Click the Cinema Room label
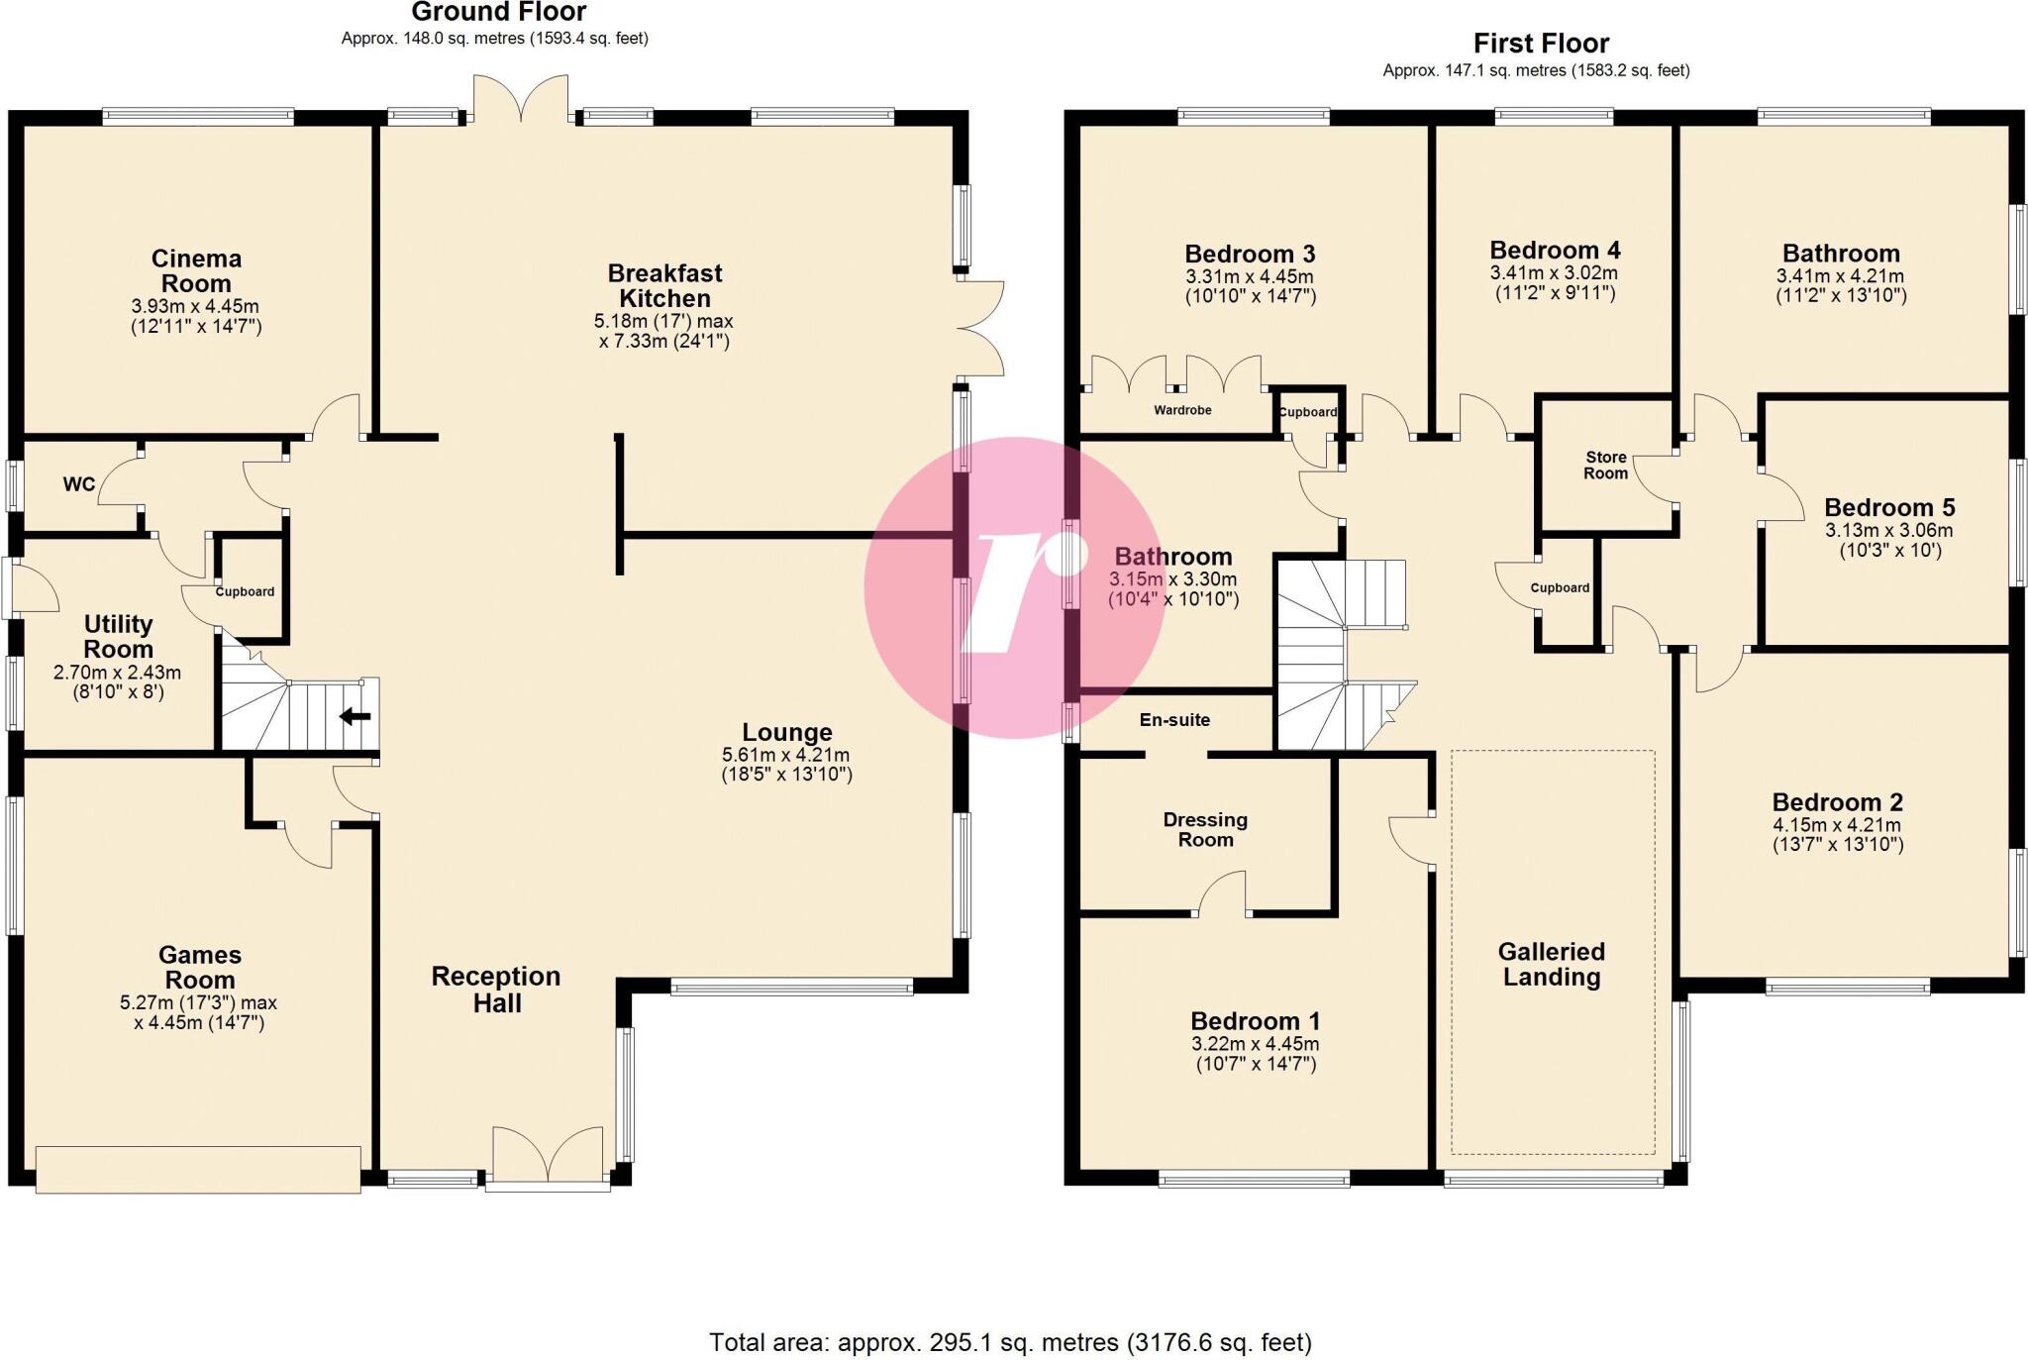(196, 271)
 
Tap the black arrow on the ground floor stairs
(355, 716)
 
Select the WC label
(79, 484)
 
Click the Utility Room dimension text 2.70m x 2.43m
(117, 673)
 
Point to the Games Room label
(200, 968)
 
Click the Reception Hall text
(496, 990)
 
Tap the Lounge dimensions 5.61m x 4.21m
(786, 755)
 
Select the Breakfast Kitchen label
(664, 285)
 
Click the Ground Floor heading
(498, 13)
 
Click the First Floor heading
(1541, 44)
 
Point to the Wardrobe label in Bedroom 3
(1182, 410)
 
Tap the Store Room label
(1605, 466)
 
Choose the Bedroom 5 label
(1889, 508)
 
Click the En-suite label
(1174, 720)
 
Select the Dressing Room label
(1205, 830)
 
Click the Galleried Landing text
(1551, 965)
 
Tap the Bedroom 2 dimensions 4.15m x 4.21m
(1837, 825)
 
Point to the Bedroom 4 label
(1555, 251)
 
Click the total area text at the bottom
(1010, 1343)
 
